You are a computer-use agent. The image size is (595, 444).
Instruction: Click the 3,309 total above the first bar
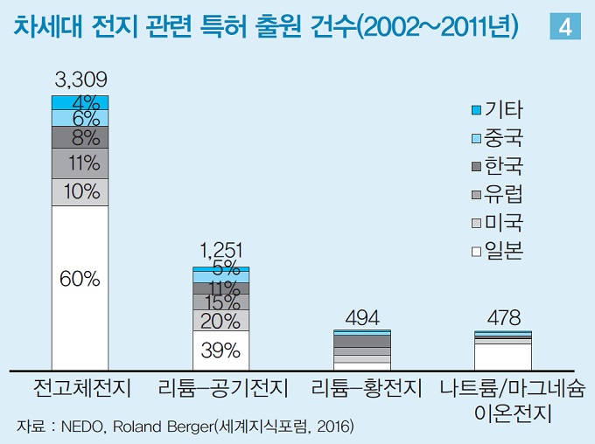tap(80, 80)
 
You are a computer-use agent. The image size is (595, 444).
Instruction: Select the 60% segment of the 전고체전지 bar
tap(80, 280)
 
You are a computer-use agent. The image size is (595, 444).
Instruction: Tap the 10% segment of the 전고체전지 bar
tap(80, 192)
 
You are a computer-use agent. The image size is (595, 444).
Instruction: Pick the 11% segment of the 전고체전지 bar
tap(80, 163)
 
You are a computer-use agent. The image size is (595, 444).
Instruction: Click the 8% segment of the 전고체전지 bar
tap(80, 136)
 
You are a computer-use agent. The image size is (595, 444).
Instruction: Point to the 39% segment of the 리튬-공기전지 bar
tap(220, 351)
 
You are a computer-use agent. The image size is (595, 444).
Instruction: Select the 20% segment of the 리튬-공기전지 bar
tap(220, 321)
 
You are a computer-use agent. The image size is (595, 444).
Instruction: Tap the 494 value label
tap(361, 316)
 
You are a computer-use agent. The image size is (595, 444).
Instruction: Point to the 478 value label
tap(502, 317)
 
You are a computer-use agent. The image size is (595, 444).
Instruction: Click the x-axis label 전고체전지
tap(80, 387)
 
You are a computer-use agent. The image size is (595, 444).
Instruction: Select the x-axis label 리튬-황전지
tap(361, 387)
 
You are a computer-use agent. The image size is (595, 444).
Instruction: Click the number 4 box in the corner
tap(564, 27)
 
